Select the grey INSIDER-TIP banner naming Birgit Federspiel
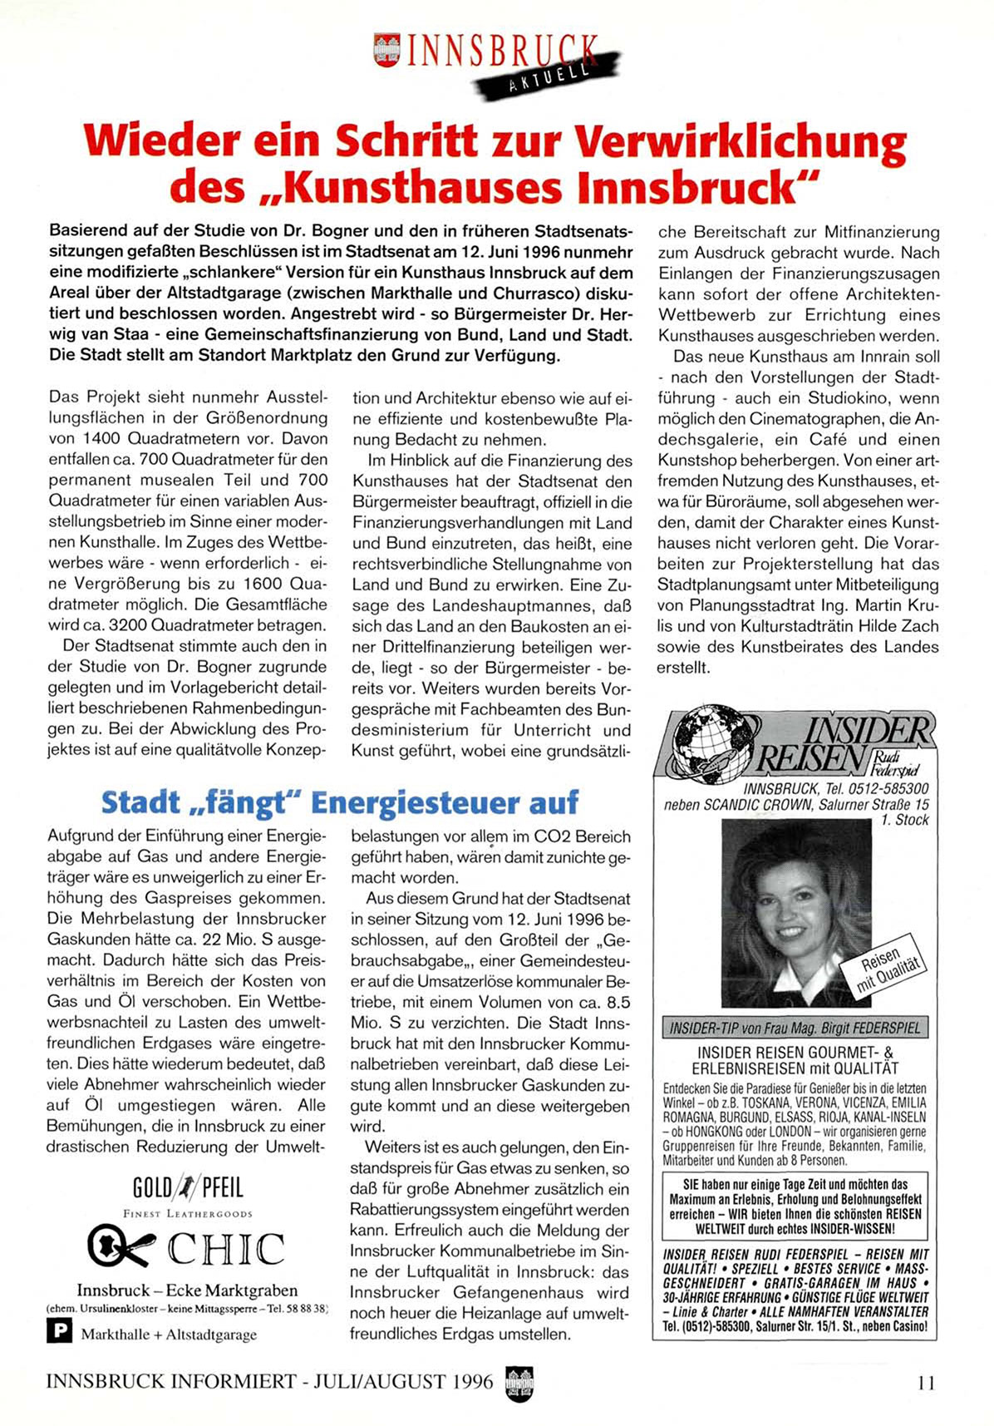coord(795,1028)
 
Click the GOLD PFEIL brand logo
coord(188,1188)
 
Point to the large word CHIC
coord(226,1249)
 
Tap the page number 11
coord(926,1383)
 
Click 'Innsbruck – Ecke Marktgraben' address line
coord(187,1290)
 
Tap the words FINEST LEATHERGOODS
coord(187,1213)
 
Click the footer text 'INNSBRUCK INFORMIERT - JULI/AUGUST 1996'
coord(269,1382)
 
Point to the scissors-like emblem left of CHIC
coord(121,1246)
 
